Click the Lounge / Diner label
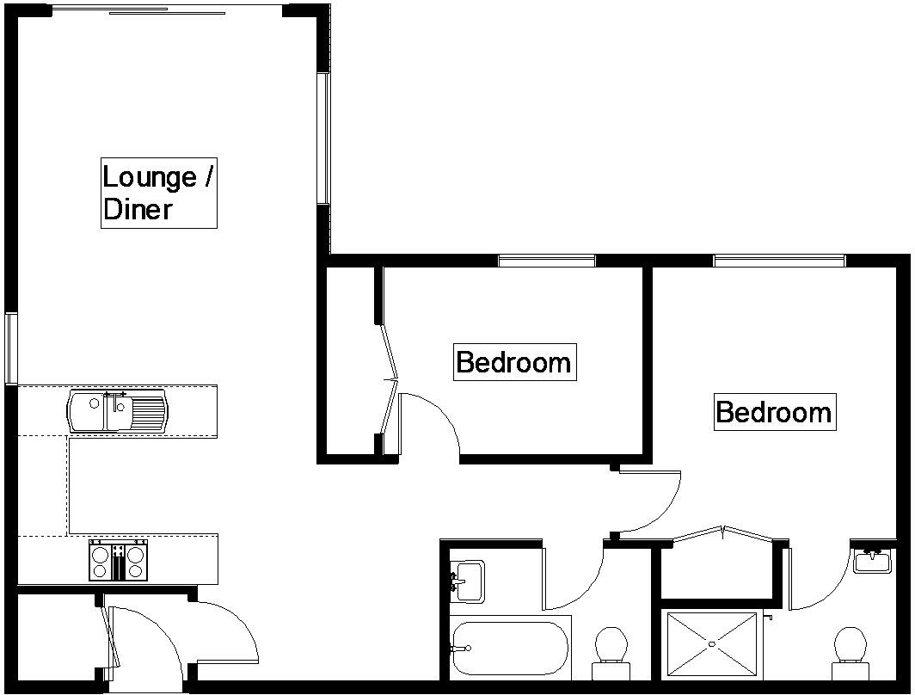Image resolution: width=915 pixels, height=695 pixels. [158, 193]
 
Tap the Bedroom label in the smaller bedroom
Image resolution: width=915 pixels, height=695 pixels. [513, 362]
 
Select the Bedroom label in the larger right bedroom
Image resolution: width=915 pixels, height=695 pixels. [774, 412]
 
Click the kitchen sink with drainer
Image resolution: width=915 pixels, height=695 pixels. [119, 411]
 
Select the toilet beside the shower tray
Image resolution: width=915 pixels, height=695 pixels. [849, 646]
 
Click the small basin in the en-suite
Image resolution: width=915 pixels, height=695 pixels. [872, 560]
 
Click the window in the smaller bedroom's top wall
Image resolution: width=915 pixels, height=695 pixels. [547, 260]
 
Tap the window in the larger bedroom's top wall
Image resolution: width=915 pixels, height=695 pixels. [779, 260]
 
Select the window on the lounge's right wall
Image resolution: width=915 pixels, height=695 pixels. [323, 138]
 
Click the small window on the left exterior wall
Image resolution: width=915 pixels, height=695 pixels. [10, 347]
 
